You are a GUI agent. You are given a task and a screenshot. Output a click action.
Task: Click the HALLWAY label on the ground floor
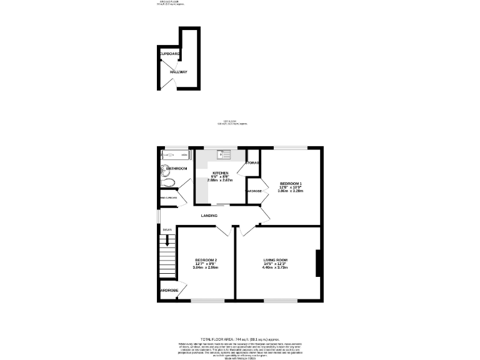coord(178,72)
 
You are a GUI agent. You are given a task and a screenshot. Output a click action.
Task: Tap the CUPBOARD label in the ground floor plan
coord(171,54)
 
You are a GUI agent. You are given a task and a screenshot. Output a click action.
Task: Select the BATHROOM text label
coord(176,169)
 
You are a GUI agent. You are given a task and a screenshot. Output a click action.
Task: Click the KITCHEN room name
coord(220,172)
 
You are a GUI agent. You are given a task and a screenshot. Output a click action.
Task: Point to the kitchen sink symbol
coord(224,154)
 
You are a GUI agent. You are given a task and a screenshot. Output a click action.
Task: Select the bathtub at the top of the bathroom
coord(174,154)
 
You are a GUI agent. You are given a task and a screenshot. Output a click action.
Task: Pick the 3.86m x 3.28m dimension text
coord(290,191)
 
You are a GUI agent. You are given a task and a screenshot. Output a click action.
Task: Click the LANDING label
coord(209,216)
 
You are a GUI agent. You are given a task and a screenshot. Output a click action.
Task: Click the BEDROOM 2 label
coord(206,259)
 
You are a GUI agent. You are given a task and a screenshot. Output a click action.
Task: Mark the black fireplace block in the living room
coord(319,263)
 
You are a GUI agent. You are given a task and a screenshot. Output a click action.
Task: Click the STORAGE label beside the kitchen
coord(252,163)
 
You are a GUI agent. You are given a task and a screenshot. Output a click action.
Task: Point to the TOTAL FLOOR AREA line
coord(239,337)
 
